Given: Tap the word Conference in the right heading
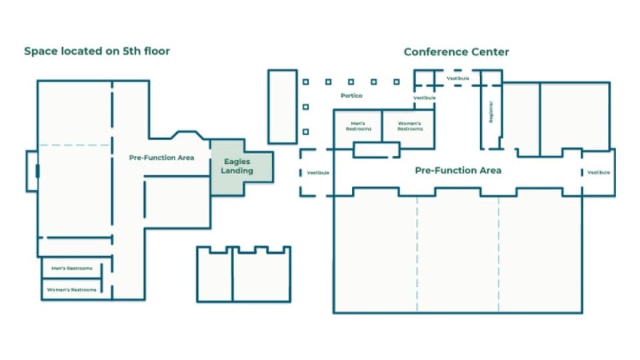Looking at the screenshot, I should click(x=433, y=52).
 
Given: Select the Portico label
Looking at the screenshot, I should click(x=351, y=95).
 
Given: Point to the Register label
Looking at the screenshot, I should click(x=491, y=111).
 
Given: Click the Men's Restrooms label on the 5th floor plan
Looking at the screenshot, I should click(x=71, y=269).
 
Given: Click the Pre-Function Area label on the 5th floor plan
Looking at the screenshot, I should click(x=161, y=158).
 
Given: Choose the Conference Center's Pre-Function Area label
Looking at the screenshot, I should click(x=458, y=171).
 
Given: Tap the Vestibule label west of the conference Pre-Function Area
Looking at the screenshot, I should click(x=318, y=173).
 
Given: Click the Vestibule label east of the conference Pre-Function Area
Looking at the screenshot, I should click(x=598, y=173).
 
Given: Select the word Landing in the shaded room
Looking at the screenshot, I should click(x=238, y=171).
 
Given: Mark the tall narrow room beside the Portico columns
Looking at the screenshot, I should click(x=282, y=106).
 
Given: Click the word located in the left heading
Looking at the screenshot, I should click(x=79, y=51).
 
